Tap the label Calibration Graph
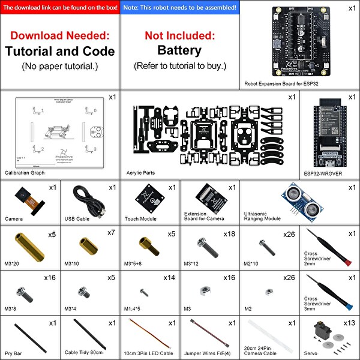point(25,173)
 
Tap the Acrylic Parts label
point(140,173)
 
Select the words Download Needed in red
point(59,36)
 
